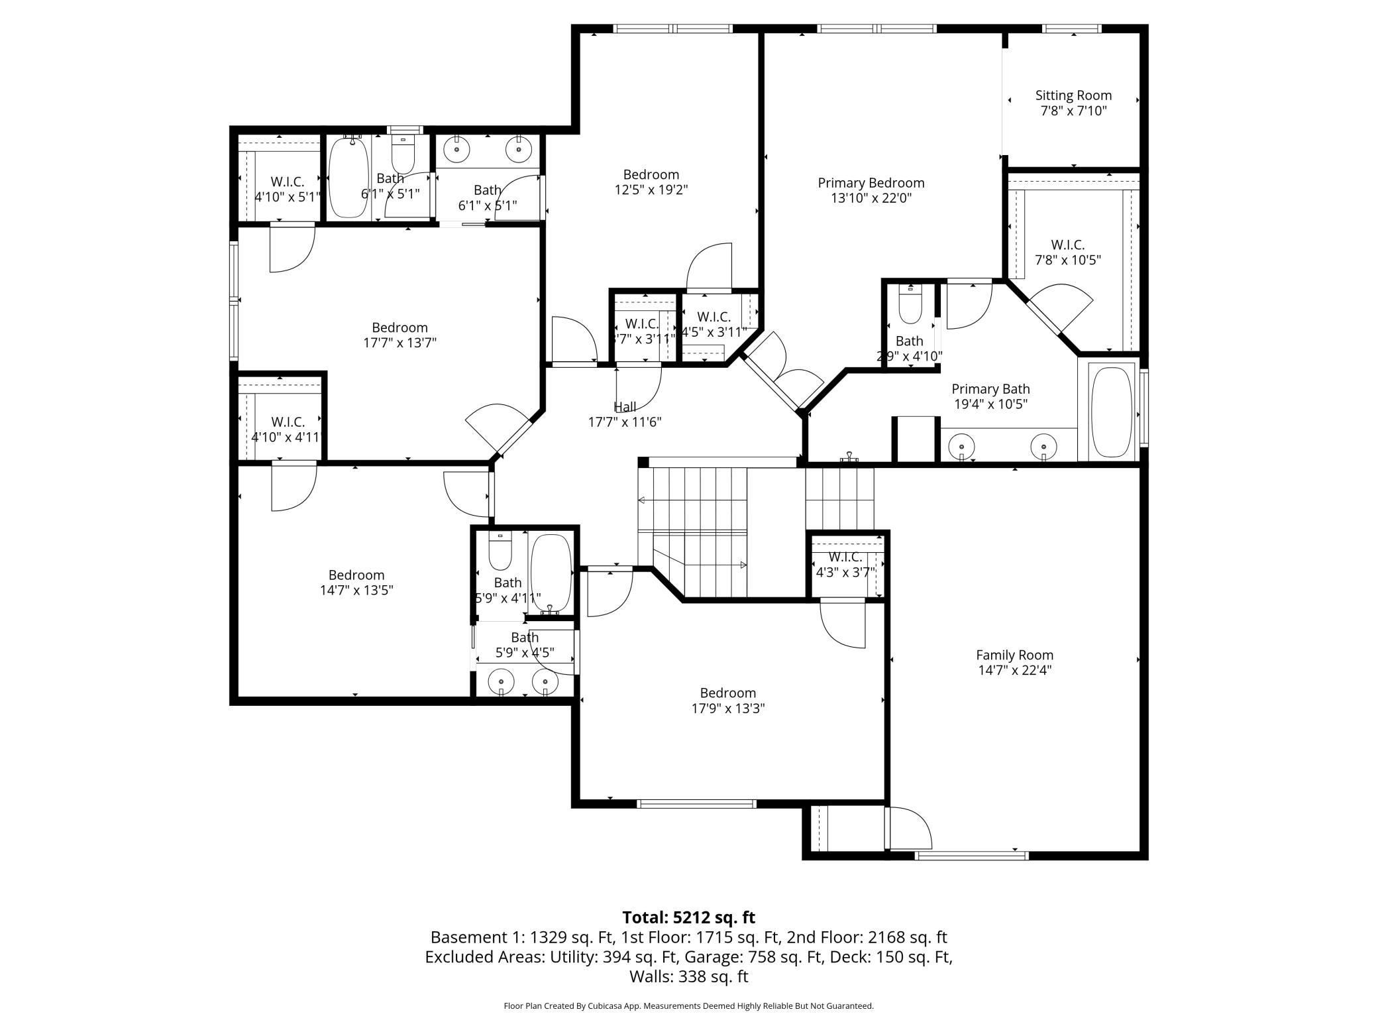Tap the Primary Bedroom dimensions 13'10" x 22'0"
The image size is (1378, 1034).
[x=871, y=198]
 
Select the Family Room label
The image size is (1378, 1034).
[x=1014, y=655]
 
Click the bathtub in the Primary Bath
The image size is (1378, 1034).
[x=1111, y=412]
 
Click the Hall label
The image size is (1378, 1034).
[x=624, y=407]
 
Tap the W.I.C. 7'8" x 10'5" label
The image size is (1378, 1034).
[x=1067, y=253]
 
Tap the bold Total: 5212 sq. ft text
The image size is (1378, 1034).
[x=688, y=917]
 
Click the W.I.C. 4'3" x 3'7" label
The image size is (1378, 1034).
[x=845, y=564]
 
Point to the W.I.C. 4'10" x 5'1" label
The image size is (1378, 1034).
[x=288, y=189]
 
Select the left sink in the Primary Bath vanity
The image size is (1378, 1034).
[x=961, y=446]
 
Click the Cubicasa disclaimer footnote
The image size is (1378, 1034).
[x=688, y=1005]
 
